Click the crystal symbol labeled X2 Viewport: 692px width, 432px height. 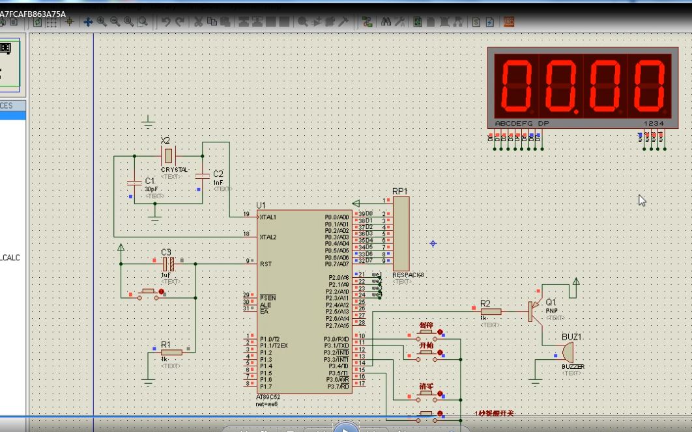pos(169,155)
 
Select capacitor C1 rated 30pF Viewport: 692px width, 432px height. pos(134,181)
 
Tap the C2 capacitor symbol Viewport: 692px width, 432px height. pos(202,174)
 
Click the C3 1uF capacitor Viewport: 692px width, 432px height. pos(168,263)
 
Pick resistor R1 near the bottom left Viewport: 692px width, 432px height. pos(171,352)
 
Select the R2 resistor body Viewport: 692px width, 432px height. pos(491,312)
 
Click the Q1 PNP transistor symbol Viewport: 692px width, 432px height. pos(534,311)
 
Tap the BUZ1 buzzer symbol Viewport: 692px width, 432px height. pos(568,352)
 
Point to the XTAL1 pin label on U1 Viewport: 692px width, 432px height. pos(268,217)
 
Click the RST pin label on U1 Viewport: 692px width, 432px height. pos(266,264)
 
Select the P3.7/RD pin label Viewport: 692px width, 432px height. pos(338,386)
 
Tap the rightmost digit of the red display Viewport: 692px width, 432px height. pos(648,85)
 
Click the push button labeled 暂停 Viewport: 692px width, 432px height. pos(427,332)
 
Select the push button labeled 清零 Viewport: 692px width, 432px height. pos(427,394)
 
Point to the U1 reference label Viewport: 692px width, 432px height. pos(261,206)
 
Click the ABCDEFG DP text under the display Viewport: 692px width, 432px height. pos(521,123)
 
